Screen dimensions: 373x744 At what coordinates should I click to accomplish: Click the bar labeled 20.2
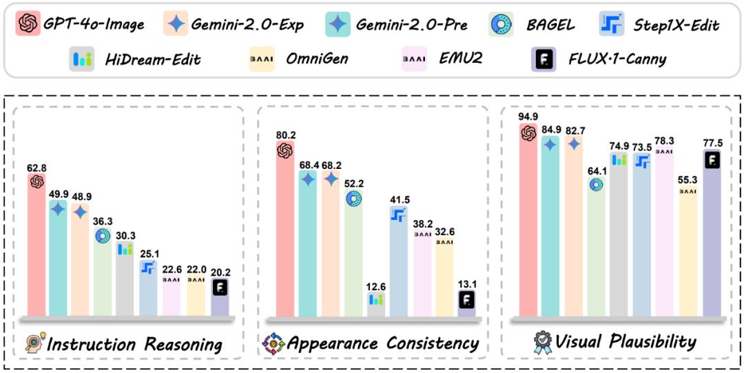pos(220,298)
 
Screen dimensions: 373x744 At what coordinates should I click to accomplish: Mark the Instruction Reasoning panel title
pos(134,344)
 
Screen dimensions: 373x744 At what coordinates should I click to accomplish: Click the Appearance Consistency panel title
pos(383,343)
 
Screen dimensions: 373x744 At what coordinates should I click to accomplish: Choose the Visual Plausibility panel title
pos(626,341)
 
